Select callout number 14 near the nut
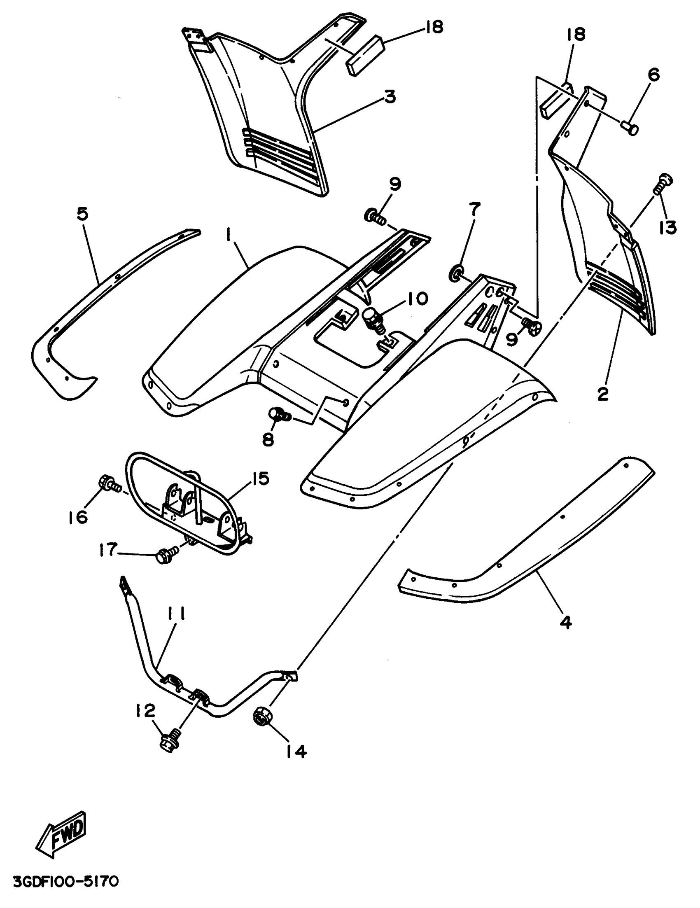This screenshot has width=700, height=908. click(x=296, y=751)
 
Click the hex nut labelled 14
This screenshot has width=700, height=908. click(x=260, y=717)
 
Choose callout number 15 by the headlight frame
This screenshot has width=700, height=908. click(x=259, y=479)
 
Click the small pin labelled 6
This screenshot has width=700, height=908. click(x=631, y=127)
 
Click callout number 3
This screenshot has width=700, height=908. click(x=390, y=97)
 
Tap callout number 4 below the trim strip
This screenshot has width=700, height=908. click(x=566, y=634)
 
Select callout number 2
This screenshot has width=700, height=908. click(x=603, y=393)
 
